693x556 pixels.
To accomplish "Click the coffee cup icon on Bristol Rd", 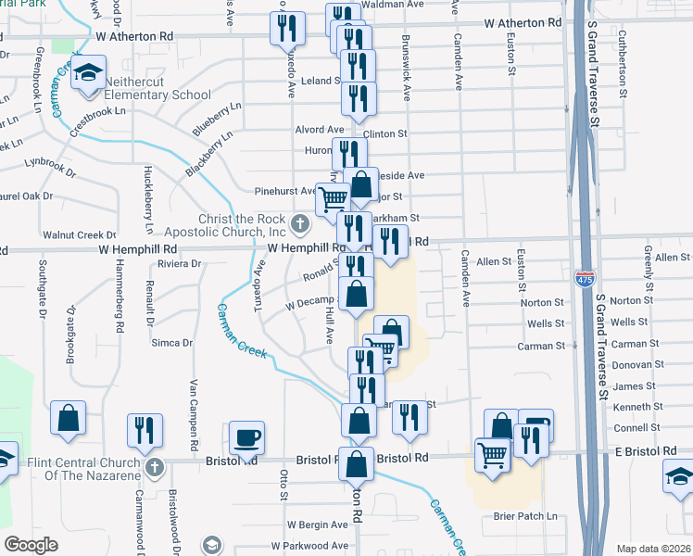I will [x=246, y=436].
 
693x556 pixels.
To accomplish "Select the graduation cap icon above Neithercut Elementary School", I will [x=88, y=73].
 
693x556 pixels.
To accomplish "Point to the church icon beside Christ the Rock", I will [x=299, y=223].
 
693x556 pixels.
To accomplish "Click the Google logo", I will [x=31, y=545].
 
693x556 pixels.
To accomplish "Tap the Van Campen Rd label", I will [x=195, y=409].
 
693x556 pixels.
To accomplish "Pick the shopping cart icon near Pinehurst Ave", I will [x=333, y=198].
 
